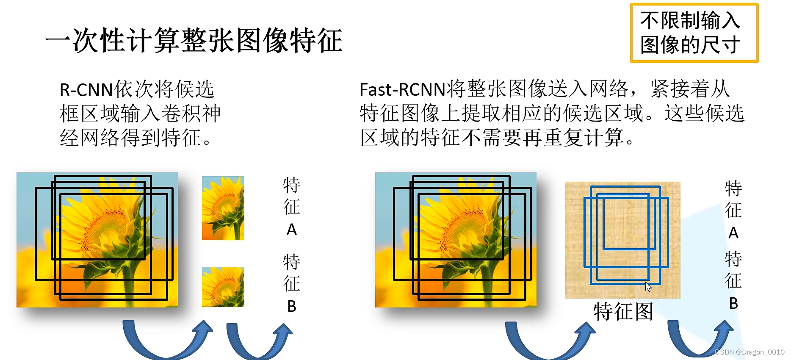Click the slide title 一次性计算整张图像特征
[x=194, y=41]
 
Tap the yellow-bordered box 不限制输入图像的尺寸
[x=694, y=33]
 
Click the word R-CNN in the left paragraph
[x=86, y=90]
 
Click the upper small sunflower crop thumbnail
[x=223, y=208]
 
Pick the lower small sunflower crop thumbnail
[x=223, y=287]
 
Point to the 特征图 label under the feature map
[x=623, y=312]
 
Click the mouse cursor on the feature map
[x=648, y=287]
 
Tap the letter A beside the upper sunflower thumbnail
[x=292, y=230]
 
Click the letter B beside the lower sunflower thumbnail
[x=292, y=306]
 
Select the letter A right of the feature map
[x=733, y=233]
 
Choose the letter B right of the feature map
[x=733, y=303]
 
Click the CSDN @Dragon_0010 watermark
[x=750, y=352]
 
